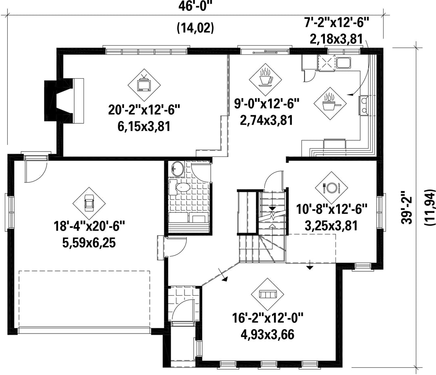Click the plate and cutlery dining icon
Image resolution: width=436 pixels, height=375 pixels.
click(331, 187)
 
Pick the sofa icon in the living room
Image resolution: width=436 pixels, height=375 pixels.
click(267, 294)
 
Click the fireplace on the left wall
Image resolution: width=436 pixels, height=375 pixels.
click(64, 100)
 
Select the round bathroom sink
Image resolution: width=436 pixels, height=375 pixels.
click(176, 169)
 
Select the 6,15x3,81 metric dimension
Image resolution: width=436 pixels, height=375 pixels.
click(144, 127)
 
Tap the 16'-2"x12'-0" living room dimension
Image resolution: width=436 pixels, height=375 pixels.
click(268, 317)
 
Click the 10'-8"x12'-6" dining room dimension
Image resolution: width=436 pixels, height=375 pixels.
click(331, 209)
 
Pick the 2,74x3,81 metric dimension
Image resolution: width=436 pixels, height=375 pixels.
click(267, 121)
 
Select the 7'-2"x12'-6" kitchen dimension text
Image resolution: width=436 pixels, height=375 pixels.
click(337, 22)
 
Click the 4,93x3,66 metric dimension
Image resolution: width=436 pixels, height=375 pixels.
click(267, 334)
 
